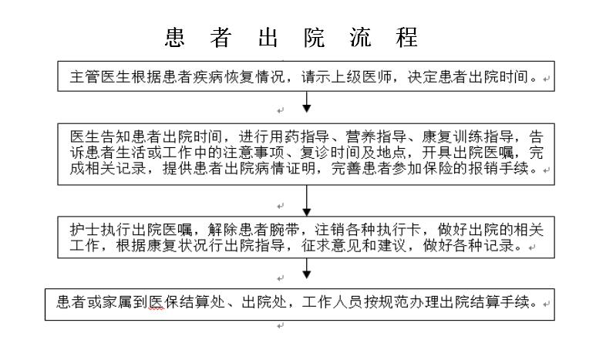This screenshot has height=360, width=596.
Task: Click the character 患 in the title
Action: [175, 37]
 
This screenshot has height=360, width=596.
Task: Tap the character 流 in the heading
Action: [360, 37]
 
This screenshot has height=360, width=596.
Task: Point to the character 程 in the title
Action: [406, 37]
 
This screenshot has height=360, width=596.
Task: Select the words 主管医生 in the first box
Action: [100, 77]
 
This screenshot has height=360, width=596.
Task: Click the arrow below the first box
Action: [307, 102]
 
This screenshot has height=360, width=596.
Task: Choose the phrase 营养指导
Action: [376, 136]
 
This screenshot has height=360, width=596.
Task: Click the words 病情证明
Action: [285, 168]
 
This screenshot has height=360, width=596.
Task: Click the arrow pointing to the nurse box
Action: [307, 200]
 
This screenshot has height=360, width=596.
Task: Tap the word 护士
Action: [85, 230]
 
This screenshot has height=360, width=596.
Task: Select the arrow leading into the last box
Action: [307, 268]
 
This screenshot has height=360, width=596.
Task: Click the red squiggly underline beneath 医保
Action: [157, 309]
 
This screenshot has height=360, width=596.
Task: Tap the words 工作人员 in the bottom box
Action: [333, 302]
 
